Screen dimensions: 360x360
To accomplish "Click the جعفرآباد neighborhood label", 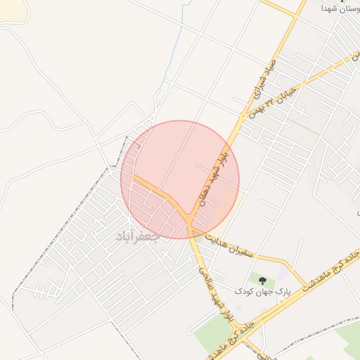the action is coord(138,237).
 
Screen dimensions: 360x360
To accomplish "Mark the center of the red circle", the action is coord(180,180).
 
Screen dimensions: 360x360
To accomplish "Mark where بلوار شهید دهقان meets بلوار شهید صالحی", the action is coord(190,224).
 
